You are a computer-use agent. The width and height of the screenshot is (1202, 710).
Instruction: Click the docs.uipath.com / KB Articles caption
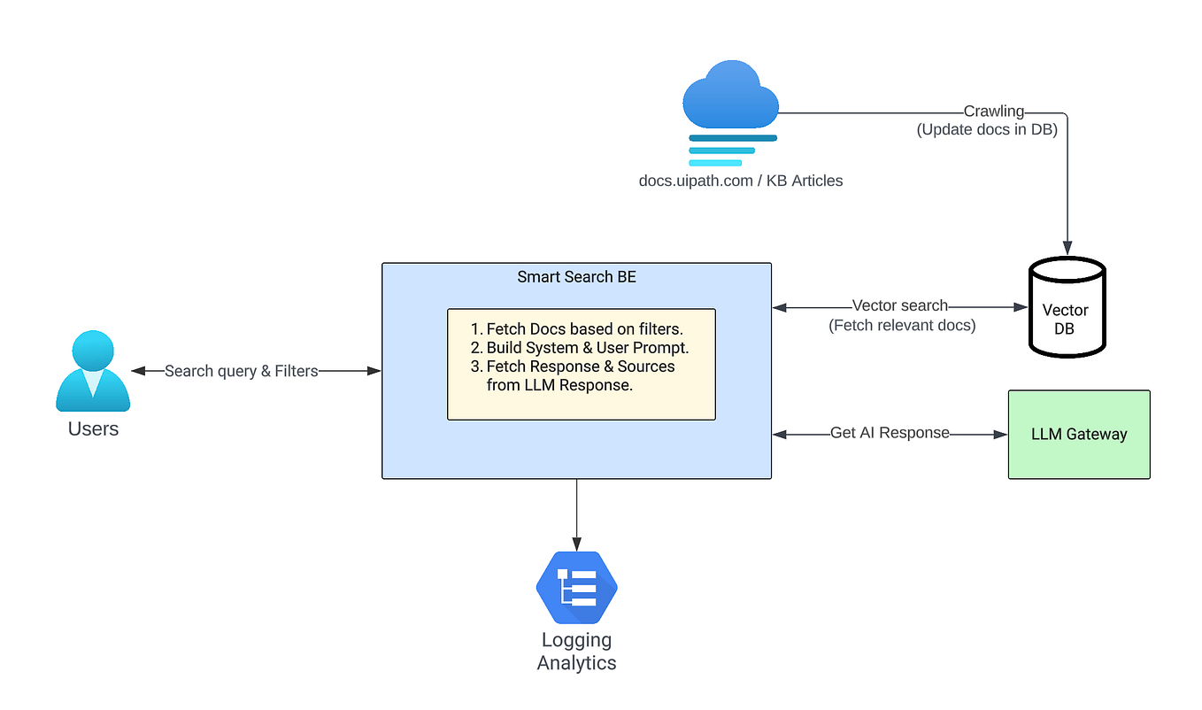coord(741,181)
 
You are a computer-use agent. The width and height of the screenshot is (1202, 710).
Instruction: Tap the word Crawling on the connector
coord(993,112)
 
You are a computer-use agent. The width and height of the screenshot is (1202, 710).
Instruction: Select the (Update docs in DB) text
coord(987,129)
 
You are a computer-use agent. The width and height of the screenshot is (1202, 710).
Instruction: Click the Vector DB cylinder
coord(1067,308)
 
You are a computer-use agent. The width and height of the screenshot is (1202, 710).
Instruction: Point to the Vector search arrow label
coord(899,306)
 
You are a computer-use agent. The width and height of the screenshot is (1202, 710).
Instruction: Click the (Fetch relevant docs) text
coord(902,325)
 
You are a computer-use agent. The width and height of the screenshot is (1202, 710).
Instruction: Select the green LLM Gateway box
coord(1079,435)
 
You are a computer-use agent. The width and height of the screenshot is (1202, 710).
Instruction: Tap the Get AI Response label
coord(890,433)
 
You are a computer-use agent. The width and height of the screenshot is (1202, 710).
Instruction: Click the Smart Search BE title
coord(576,277)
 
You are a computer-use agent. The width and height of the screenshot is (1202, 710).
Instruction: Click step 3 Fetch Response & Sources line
coord(580,367)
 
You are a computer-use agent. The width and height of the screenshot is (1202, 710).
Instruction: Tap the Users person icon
coord(93,372)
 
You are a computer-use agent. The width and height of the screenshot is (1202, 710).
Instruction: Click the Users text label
coord(93,429)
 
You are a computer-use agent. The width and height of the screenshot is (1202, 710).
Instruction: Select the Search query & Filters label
coord(241,371)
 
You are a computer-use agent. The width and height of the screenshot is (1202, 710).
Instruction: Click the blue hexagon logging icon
coord(576,587)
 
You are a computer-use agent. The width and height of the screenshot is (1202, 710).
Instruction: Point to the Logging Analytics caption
coord(576,651)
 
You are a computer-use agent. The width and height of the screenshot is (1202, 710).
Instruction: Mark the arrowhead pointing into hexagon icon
coord(576,544)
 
